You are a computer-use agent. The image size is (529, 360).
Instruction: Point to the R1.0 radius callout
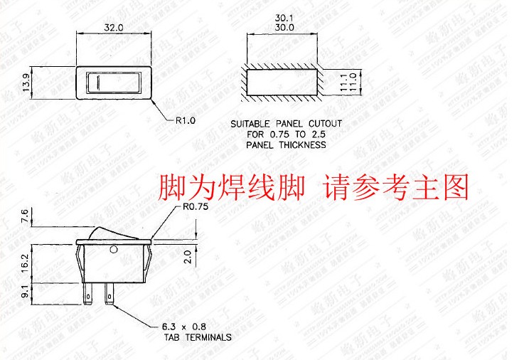pyautogui.click(x=185, y=120)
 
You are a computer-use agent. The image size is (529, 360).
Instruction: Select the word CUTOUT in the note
pyautogui.click(x=324, y=124)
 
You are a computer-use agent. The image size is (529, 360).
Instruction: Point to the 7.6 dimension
pyautogui.click(x=27, y=215)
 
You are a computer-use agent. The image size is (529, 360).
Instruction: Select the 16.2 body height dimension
pyautogui.click(x=27, y=263)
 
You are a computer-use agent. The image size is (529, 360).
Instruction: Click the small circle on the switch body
pyautogui.click(x=114, y=250)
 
